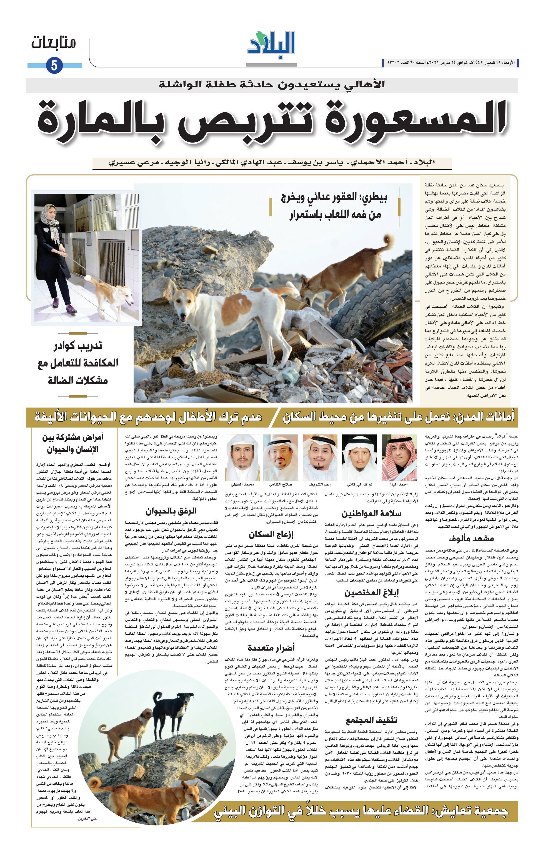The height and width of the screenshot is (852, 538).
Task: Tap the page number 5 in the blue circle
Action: pyautogui.click(x=54, y=65)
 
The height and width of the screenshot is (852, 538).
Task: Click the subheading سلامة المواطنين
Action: pyautogui.click(x=371, y=514)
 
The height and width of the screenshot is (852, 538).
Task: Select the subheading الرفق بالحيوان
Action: pyautogui.click(x=171, y=511)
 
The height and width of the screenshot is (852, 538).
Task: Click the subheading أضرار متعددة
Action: pyautogui.click(x=271, y=648)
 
